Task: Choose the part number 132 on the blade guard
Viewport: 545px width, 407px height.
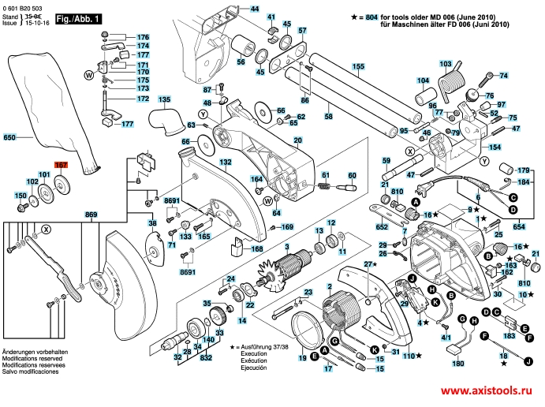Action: [226, 162]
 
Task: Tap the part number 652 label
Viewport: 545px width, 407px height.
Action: [383, 226]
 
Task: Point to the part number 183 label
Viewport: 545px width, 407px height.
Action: [508, 336]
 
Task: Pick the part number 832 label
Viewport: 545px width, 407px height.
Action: [206, 357]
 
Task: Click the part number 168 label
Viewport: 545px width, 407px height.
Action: [257, 249]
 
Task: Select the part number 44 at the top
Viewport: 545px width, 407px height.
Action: [255, 9]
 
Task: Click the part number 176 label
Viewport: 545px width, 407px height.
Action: [143, 37]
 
